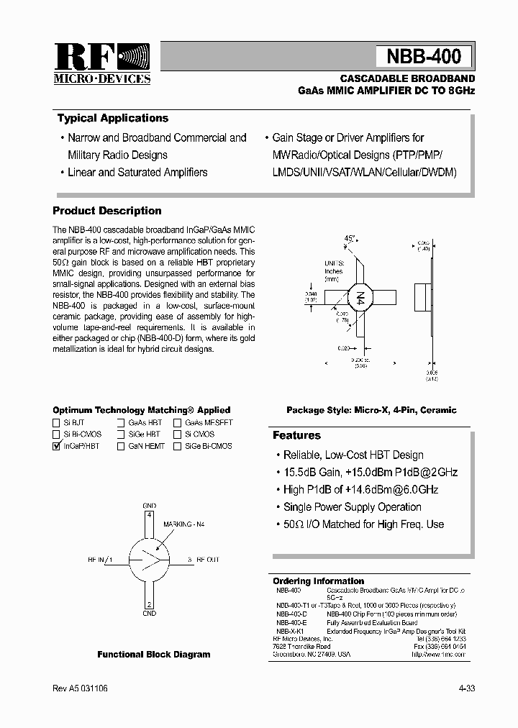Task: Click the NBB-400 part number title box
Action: click(424, 56)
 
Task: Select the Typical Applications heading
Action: click(113, 118)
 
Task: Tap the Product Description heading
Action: click(107, 211)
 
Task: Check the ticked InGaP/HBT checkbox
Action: click(56, 446)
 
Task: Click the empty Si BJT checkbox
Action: click(56, 423)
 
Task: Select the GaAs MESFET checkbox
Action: click(178, 423)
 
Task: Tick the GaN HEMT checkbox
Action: click(122, 446)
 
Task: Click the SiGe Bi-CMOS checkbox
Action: click(178, 446)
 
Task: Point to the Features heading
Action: click(296, 435)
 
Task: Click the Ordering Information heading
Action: click(318, 581)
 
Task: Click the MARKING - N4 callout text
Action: click(184, 524)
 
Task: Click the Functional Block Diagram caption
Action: click(154, 655)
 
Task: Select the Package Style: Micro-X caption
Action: click(371, 410)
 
